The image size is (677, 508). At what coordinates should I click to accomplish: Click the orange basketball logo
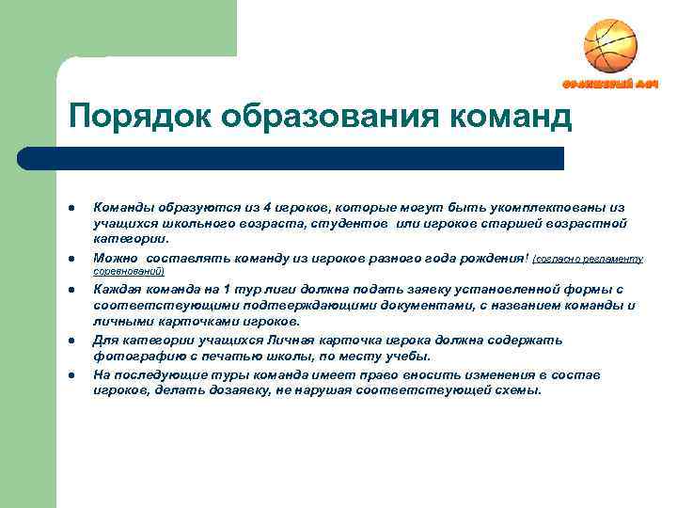coord(610,46)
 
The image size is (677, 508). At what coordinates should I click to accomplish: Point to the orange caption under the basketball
coord(609,85)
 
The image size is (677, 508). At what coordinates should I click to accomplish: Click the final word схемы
coord(519,389)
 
